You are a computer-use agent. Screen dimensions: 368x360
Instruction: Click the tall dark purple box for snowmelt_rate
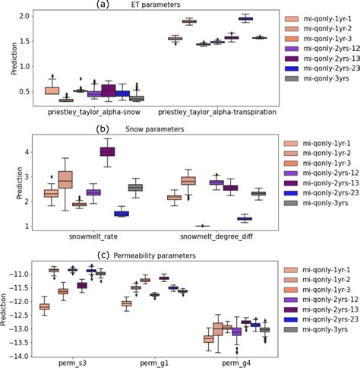pyautogui.click(x=108, y=151)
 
